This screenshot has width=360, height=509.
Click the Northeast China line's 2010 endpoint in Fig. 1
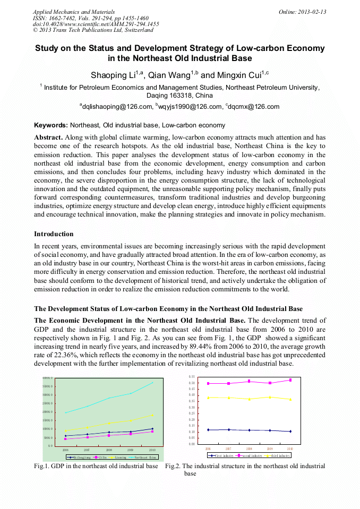point(153,382)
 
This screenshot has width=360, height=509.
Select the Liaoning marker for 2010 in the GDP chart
point(152,415)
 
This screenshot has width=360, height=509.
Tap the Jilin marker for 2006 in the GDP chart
point(65,439)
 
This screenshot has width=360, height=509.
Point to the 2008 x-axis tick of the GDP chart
point(109,450)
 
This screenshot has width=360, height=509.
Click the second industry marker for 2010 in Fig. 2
point(290,380)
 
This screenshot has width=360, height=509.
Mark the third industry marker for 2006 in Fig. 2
point(208,398)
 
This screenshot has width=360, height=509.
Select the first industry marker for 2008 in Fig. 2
point(249,430)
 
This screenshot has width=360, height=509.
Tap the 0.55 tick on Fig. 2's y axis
point(192,377)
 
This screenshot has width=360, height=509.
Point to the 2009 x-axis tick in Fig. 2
point(270,449)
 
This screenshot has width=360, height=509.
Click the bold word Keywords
point(51,126)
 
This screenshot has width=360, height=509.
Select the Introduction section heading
point(54,234)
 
